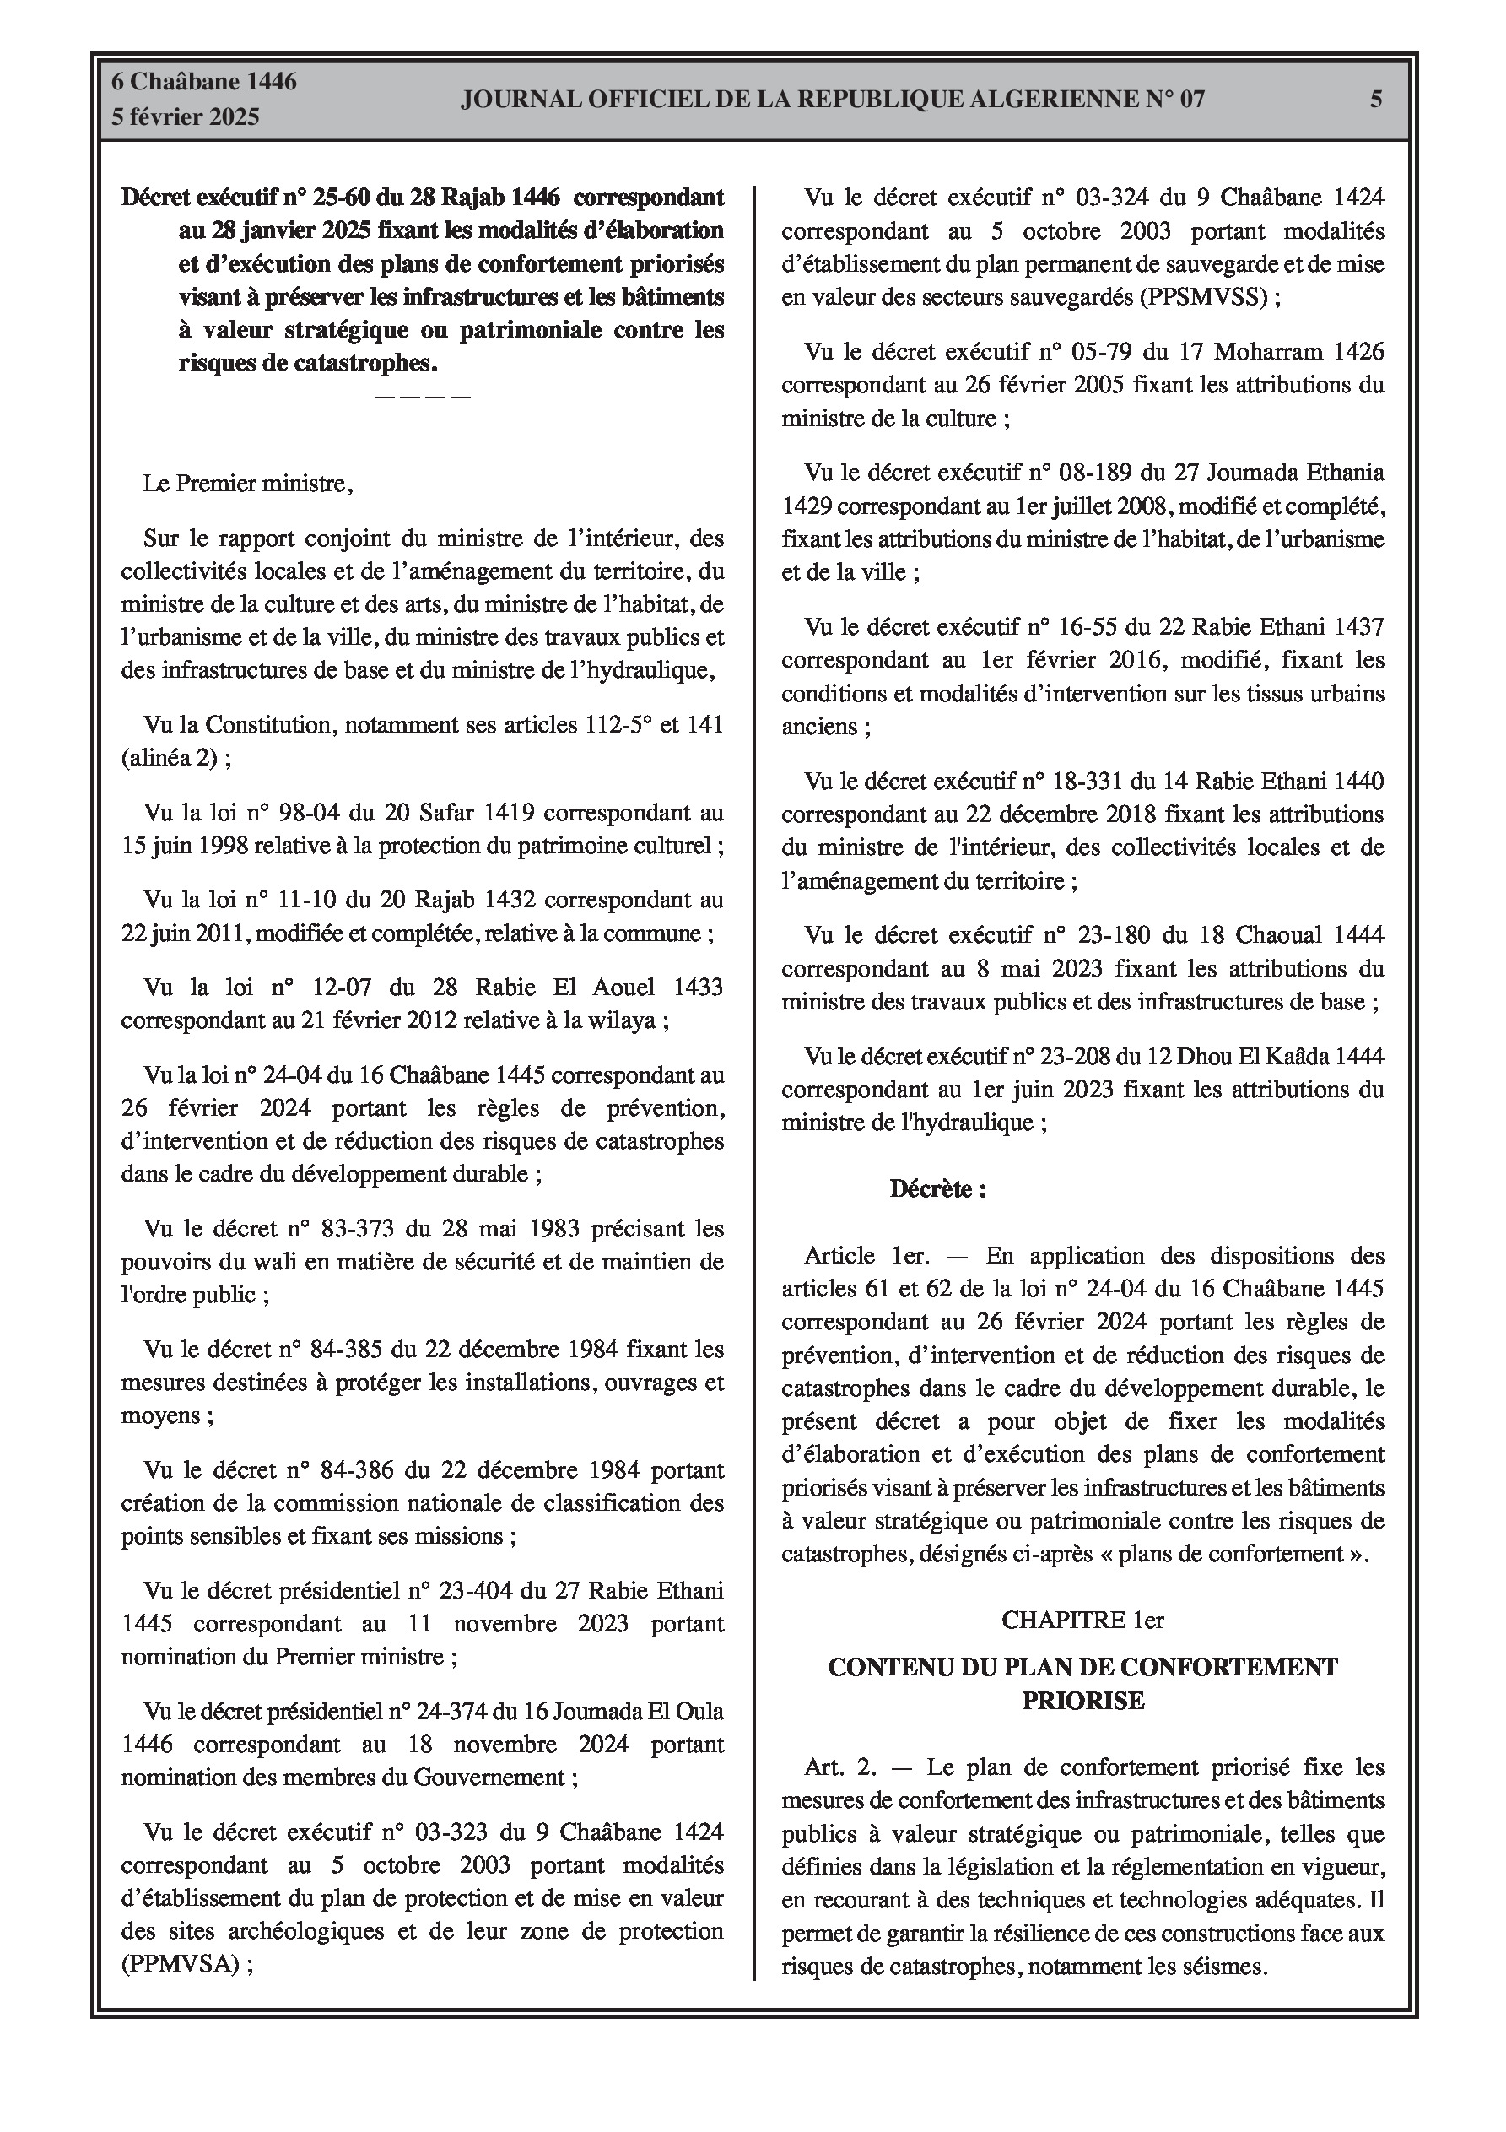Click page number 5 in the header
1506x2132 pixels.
point(1376,99)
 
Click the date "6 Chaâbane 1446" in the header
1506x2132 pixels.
point(204,82)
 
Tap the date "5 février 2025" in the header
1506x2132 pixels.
point(186,117)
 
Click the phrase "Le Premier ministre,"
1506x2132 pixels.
point(249,484)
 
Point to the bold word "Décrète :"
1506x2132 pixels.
point(937,1188)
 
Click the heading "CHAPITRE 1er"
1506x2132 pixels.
point(1082,1620)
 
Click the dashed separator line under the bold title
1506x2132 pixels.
point(423,398)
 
